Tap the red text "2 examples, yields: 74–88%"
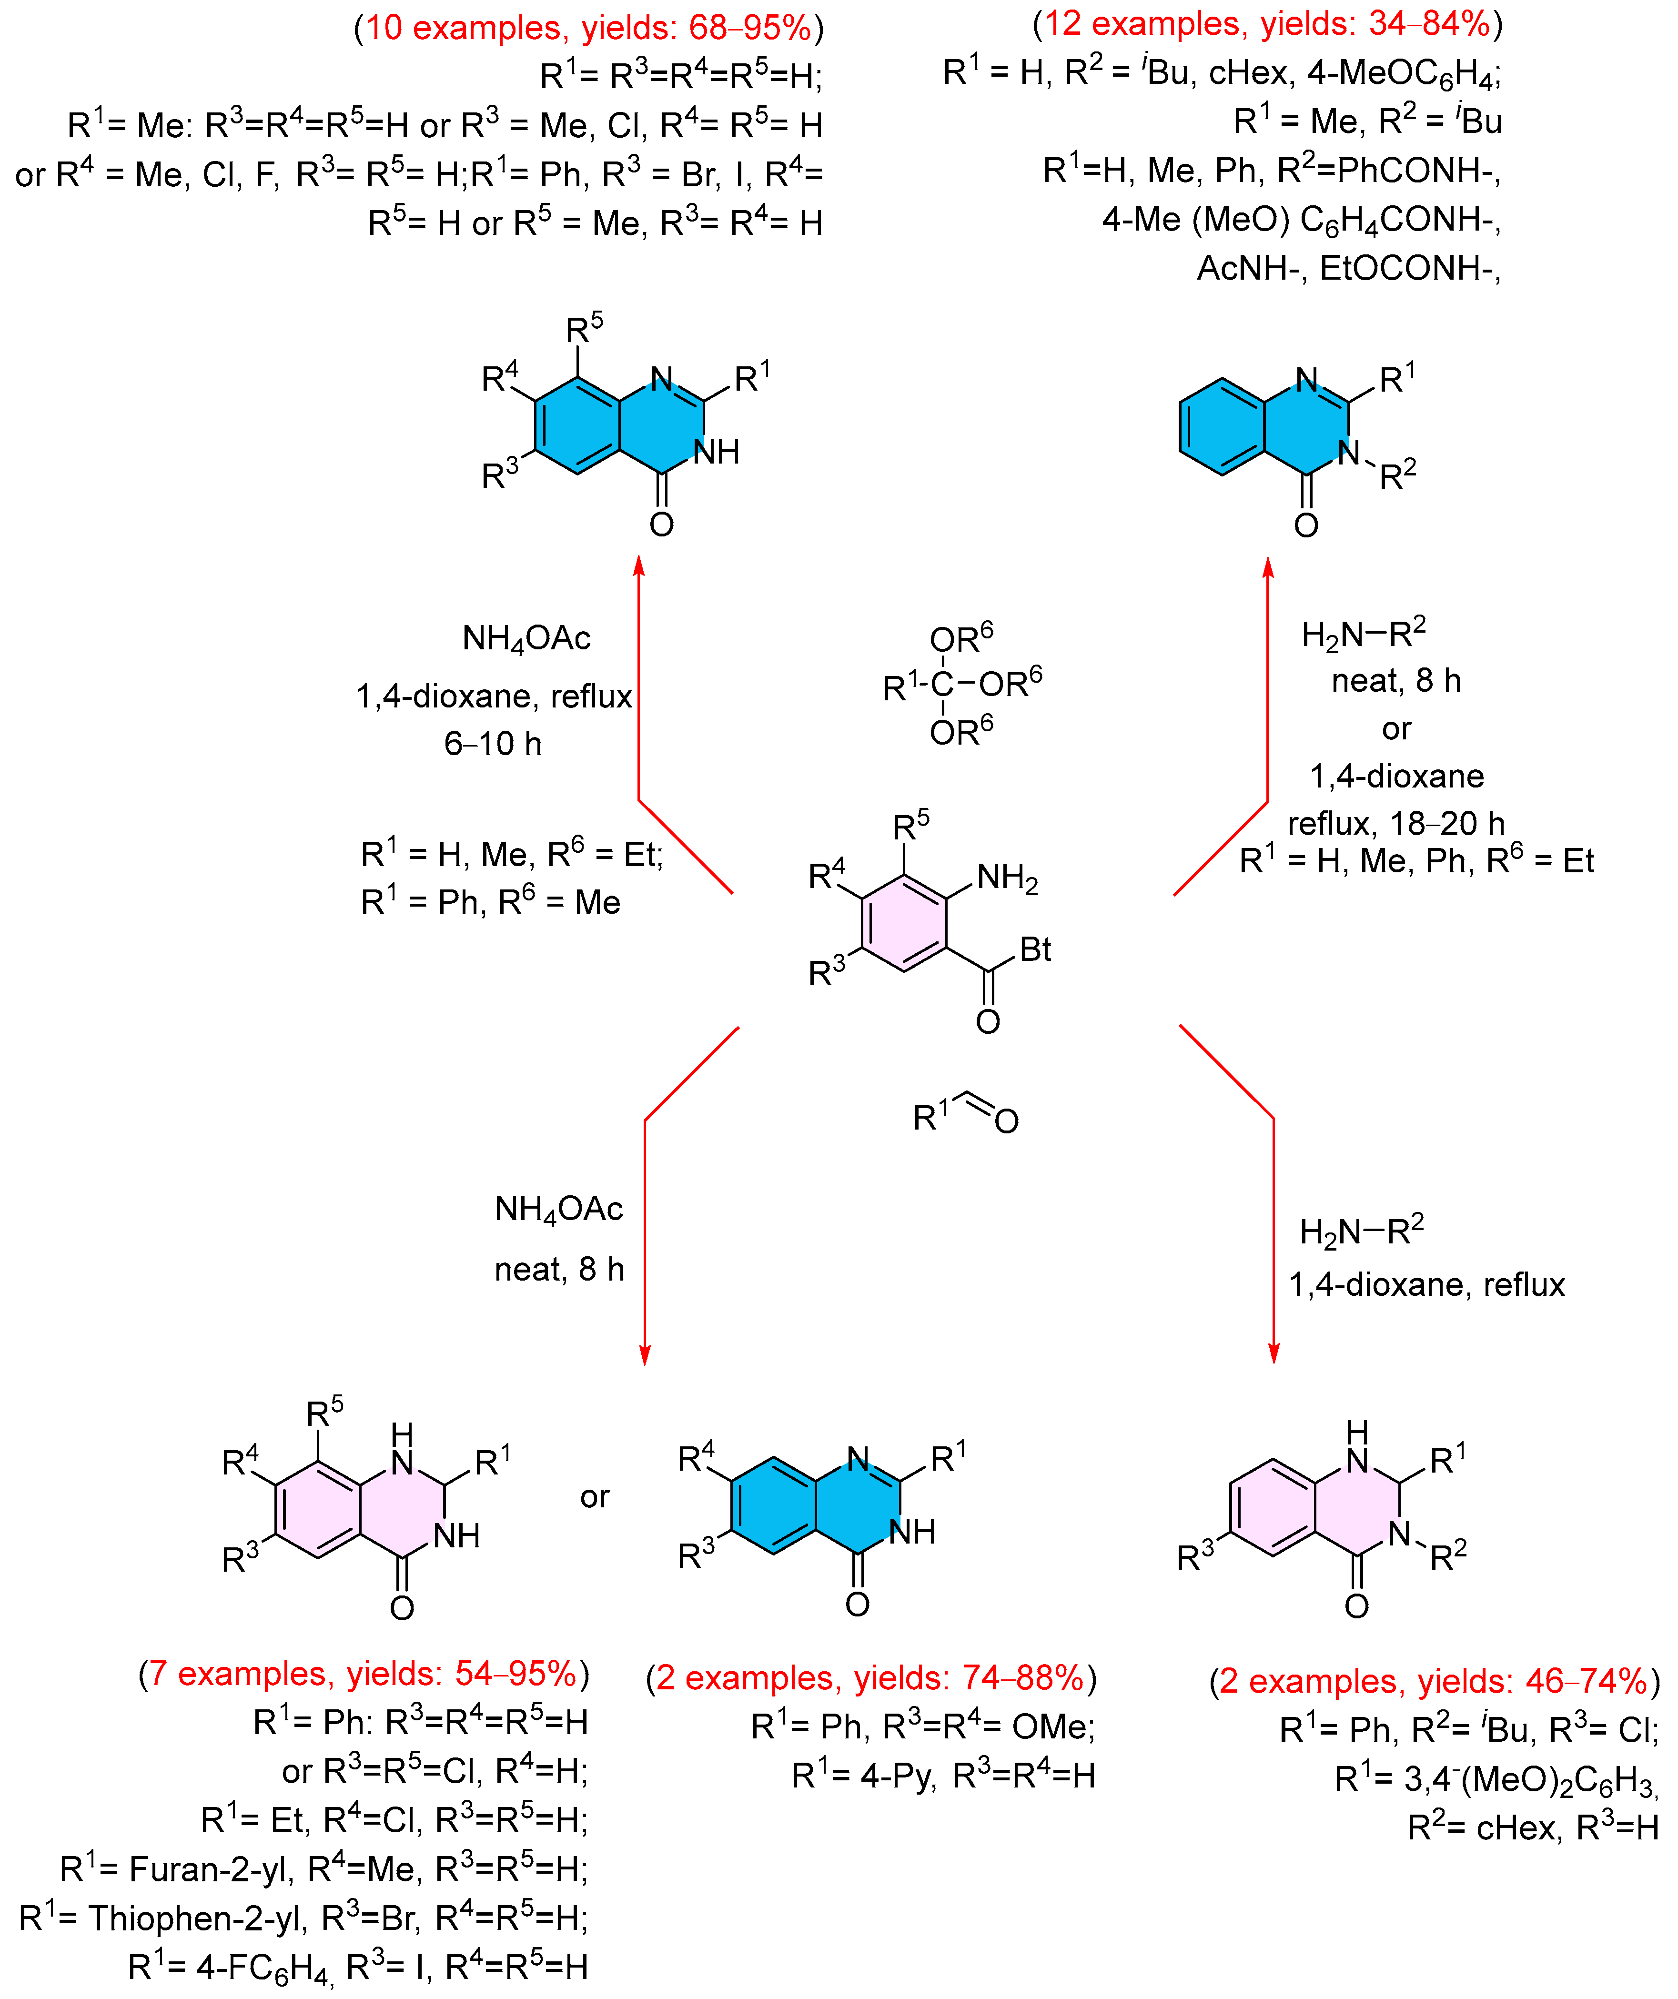[x=870, y=1677]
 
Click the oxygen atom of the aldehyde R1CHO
[x=1006, y=1121]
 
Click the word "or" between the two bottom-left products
[x=595, y=1497]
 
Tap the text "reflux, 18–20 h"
[x=1395, y=823]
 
